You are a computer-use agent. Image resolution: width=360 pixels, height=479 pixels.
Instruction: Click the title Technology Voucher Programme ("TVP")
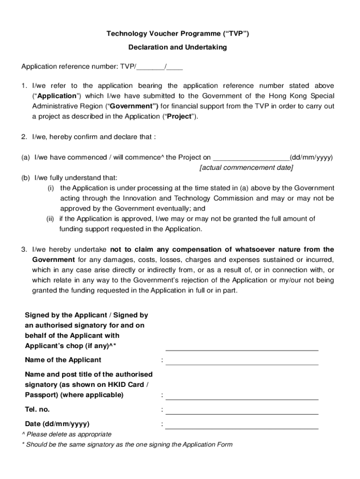tap(178, 34)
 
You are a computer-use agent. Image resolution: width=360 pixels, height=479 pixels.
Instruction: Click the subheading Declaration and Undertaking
tap(178, 48)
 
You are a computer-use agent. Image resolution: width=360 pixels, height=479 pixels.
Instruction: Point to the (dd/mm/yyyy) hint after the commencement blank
tap(311, 158)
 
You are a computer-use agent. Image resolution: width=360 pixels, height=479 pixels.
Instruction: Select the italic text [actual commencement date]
tap(246, 167)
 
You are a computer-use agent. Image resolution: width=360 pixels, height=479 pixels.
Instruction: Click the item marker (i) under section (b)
tap(50, 188)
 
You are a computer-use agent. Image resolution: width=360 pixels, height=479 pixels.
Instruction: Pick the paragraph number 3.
tap(24, 249)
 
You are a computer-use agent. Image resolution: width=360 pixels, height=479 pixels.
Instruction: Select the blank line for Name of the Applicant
tap(242, 363)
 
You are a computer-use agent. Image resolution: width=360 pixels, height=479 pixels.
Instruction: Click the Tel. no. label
tap(37, 410)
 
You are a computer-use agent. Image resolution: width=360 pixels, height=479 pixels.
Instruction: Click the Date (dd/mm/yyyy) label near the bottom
tap(57, 424)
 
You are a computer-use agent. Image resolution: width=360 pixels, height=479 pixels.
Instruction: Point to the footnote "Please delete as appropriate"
tap(69, 435)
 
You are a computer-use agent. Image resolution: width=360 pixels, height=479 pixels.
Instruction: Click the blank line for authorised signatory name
tap(242, 399)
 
